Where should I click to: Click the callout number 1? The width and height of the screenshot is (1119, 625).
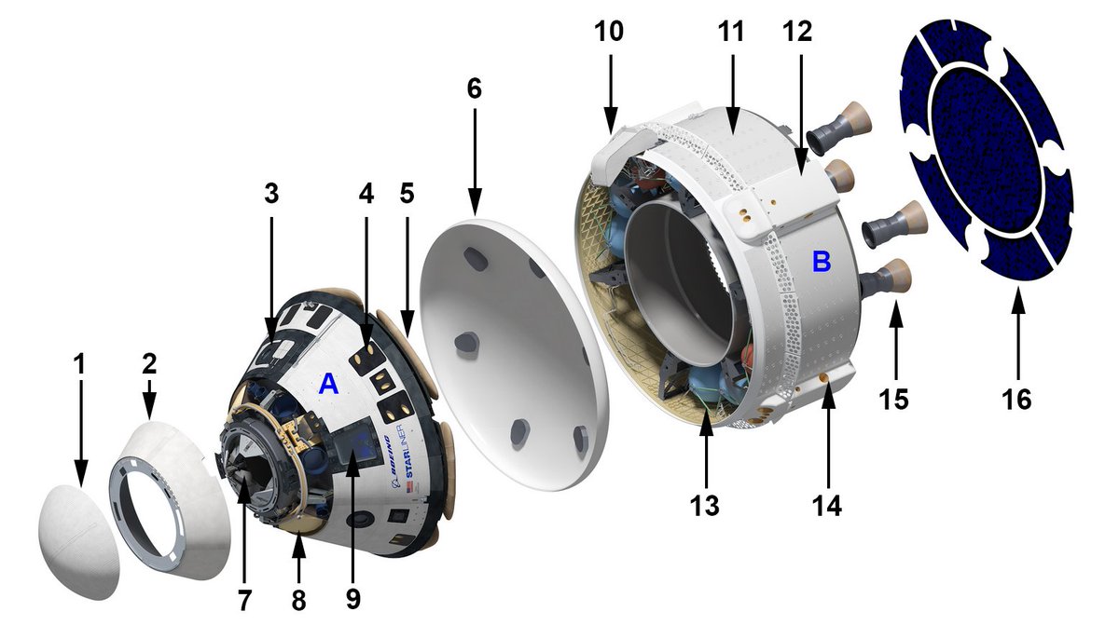click(80, 363)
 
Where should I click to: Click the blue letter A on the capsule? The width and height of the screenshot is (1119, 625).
click(327, 383)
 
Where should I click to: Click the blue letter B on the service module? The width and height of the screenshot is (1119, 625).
click(821, 262)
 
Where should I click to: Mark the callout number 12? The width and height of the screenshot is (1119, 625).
click(798, 31)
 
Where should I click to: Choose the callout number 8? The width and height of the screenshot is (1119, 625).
click(298, 601)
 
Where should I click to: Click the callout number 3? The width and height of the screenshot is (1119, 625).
click(271, 195)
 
